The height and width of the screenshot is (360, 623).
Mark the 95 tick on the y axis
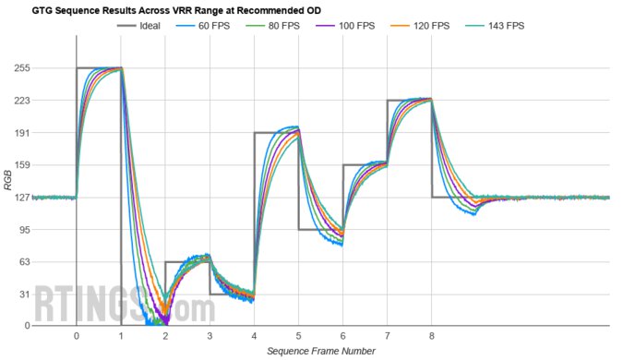point(49,230)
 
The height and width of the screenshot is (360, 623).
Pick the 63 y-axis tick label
point(49,262)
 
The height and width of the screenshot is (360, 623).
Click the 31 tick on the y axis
point(49,294)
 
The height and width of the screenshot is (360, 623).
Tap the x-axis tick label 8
point(432,337)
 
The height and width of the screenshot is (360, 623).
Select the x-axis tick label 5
point(298,337)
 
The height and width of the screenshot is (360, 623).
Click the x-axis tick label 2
point(165,337)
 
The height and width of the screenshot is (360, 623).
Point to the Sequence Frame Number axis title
point(321,352)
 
